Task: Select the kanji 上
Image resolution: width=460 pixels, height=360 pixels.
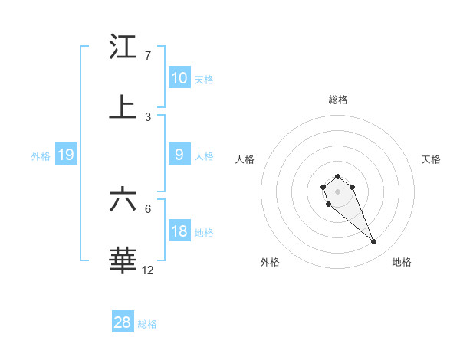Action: pos(123,107)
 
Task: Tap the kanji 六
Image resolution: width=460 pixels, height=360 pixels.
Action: pos(123,200)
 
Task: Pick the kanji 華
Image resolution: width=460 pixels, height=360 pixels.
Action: pos(123,260)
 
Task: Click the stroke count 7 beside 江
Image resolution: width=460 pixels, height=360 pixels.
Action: pos(147,56)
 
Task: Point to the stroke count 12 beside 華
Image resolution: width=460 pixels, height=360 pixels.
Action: pos(148,270)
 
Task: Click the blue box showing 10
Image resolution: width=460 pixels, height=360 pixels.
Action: pos(179,78)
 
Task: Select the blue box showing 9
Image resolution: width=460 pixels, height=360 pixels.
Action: pos(179,155)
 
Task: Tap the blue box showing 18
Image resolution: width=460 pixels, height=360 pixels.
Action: pos(179,231)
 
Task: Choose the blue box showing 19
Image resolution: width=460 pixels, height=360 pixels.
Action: pos(65,155)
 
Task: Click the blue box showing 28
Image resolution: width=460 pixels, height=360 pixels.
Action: pos(123,322)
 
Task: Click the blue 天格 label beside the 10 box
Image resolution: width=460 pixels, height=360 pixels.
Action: pos(204,79)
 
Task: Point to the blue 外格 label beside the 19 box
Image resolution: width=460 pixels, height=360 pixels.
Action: pos(41,156)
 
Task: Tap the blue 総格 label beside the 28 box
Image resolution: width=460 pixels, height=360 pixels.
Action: pos(147,324)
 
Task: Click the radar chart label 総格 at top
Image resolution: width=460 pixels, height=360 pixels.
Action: pos(337,100)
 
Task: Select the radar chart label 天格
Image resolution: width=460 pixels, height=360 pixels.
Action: pos(432,159)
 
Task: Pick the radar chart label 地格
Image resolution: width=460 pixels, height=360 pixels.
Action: pos(402,262)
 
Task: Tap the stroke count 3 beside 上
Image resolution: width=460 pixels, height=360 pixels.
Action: pos(147,116)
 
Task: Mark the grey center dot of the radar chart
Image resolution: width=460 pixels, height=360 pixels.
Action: pos(337,191)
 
